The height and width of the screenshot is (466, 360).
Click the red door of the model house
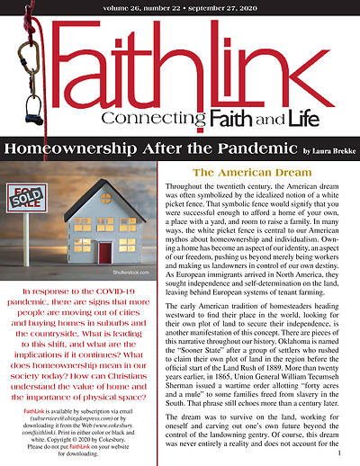coord(105,253)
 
